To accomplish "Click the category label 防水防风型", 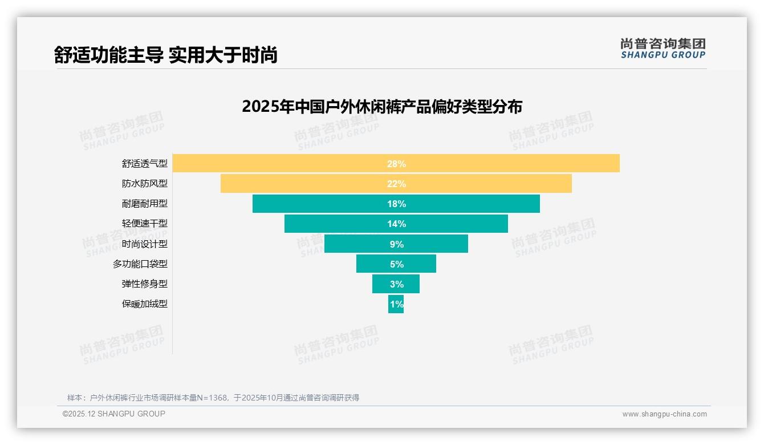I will [x=145, y=184].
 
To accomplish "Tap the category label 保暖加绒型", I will [x=145, y=304].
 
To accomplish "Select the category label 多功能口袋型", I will [x=140, y=264].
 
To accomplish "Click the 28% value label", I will [x=396, y=164].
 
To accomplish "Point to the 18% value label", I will [x=396, y=204].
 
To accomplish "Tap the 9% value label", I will [x=396, y=244].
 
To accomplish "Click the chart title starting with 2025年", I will [x=382, y=107].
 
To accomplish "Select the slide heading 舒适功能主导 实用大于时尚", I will [x=165, y=55].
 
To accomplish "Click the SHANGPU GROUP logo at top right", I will [x=663, y=48].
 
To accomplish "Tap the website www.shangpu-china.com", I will [x=664, y=414].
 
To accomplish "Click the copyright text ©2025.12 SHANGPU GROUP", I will [x=114, y=414].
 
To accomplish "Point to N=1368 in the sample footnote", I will [x=215, y=398].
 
